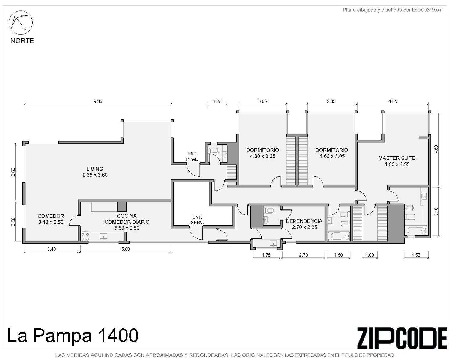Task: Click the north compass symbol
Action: click(20, 22)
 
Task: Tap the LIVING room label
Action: click(95, 169)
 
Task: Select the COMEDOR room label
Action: click(51, 216)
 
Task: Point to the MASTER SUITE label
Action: click(397, 158)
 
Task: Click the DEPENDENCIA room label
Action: click(304, 221)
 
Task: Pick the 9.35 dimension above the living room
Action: click(98, 101)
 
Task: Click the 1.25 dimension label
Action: click(217, 101)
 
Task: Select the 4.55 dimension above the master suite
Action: click(393, 101)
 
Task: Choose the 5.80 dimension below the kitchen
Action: click(125, 249)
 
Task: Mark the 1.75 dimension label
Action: click(266, 255)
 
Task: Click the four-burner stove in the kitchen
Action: click(85, 237)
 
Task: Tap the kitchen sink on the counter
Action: click(103, 236)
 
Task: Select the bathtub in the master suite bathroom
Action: click(415, 231)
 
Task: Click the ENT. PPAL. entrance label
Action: click(192, 157)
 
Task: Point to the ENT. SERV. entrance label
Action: click(197, 220)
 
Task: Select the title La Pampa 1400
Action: click(73, 335)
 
